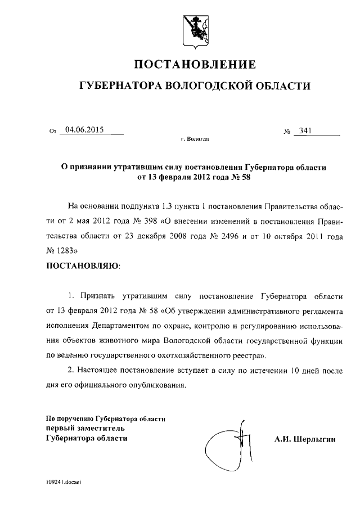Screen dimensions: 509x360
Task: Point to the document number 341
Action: click(305, 130)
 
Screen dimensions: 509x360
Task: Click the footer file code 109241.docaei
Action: click(64, 482)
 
